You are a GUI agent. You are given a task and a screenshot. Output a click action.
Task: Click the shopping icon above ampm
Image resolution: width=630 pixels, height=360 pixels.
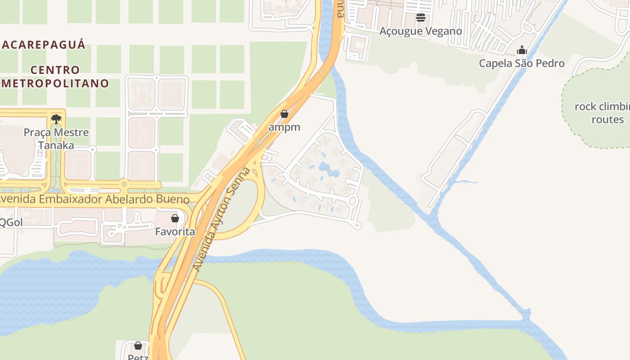coord(284,114)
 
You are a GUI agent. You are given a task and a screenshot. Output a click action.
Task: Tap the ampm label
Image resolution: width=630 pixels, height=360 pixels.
coord(284,127)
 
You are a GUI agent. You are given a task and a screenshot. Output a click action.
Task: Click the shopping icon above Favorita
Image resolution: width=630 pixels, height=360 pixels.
coord(175,218)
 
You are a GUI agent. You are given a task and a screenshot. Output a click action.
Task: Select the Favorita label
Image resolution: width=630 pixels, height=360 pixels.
coord(175,232)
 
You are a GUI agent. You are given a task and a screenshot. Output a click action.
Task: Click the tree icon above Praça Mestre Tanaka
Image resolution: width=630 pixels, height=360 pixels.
coord(56,119)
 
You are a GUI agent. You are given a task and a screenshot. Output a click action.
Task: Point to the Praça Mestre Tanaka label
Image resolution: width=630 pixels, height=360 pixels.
coord(56,139)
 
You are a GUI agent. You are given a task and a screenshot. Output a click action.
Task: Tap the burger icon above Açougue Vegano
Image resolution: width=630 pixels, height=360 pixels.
coord(421,18)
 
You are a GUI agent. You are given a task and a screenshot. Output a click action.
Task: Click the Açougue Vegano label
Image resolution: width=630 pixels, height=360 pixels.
coord(421,31)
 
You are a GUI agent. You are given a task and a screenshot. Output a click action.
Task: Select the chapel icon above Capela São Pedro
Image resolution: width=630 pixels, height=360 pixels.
coord(522,49)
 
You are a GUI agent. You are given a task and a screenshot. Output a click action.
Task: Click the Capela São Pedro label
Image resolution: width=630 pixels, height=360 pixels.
coord(522,63)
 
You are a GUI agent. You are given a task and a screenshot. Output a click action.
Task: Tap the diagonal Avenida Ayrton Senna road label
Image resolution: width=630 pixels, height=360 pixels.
coord(221,219)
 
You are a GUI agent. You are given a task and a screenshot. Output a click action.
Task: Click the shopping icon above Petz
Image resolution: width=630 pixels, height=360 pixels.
coord(138,346)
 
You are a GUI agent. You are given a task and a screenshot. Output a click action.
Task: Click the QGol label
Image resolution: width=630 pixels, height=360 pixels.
coord(11,222)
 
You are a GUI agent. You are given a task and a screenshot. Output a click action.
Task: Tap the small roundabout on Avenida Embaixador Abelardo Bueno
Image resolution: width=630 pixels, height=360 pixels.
coord(124,184)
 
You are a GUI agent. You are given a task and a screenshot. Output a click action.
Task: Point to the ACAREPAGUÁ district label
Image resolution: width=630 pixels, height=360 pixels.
coord(43,45)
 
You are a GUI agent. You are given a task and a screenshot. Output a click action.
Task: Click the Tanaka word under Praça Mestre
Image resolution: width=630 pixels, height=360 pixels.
coord(56,145)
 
